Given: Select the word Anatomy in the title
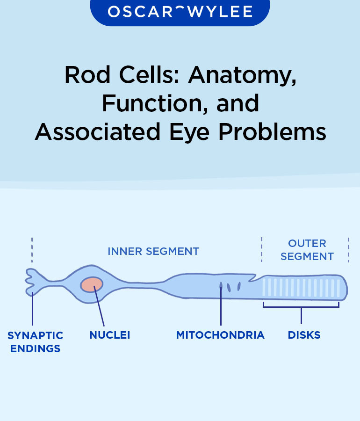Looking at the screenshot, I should pos(242,75).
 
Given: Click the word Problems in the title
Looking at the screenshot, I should pos(273,132).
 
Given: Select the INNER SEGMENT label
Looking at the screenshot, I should pos(153,251).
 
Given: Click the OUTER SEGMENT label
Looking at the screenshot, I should pos(307,250).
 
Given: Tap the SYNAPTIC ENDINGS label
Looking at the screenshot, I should pos(35,342).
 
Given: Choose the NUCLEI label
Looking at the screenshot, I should pos(109,335).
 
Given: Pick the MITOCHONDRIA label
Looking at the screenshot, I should pos(220,335).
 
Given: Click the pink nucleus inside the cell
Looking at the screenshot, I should pos(92,284).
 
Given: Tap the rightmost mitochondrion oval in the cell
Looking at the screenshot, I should pos(239,286).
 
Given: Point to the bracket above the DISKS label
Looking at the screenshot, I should pos(301,307).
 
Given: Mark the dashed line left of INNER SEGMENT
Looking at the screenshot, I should pos(32,250).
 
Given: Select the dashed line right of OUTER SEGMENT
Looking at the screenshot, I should pos(348,250).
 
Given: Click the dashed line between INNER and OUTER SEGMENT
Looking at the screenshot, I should pos(261,250).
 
